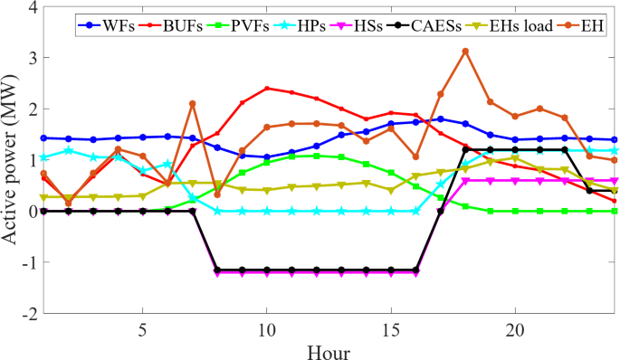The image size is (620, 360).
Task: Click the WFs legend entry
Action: click(x=107, y=17)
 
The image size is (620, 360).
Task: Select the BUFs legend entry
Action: click(x=176, y=17)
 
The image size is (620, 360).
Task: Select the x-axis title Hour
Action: click(x=323, y=349)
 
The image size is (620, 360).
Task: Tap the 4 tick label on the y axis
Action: click(x=33, y=7)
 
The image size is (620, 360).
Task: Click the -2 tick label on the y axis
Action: click(x=29, y=314)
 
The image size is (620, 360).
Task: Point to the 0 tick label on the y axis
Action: click(x=33, y=212)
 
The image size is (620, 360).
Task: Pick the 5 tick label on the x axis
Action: click(x=143, y=327)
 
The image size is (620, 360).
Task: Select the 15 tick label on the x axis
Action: click(x=391, y=327)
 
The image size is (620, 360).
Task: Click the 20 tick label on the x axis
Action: click(x=515, y=327)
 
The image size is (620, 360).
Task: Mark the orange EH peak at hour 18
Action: click(x=465, y=51)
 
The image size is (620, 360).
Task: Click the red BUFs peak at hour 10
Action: click(x=267, y=89)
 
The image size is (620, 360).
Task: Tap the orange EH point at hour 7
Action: click(x=193, y=103)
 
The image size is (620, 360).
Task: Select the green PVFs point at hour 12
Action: click(x=317, y=156)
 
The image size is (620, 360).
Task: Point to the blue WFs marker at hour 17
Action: click(x=441, y=118)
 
